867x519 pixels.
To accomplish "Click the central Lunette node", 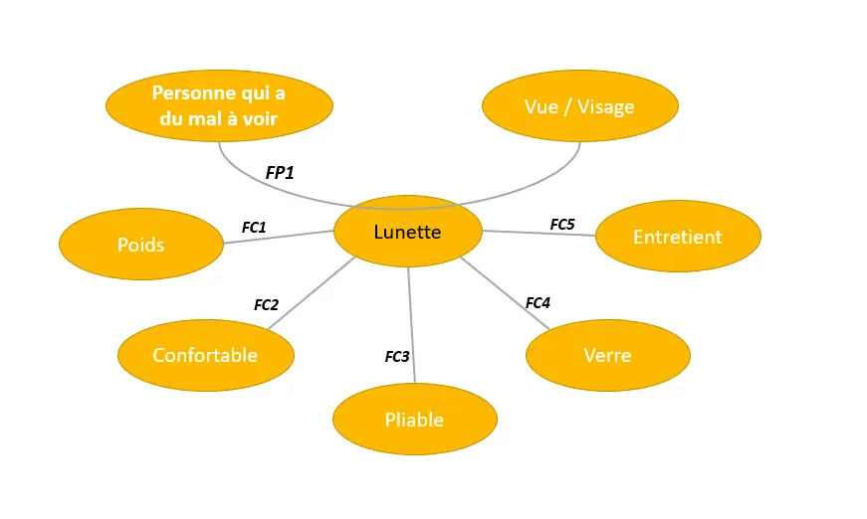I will (407, 232).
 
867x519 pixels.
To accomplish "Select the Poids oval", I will (141, 245).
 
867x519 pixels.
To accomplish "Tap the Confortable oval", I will (205, 355).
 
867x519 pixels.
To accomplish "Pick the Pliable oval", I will (414, 420).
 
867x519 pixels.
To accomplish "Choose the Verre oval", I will (607, 355).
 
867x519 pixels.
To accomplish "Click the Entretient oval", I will (678, 237).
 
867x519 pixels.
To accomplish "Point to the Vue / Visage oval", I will (579, 106).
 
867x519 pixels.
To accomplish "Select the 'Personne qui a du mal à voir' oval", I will (219, 105).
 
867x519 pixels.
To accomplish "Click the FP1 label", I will (280, 173).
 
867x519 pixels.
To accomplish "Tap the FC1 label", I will (254, 228).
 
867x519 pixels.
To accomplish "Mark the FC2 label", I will (266, 305).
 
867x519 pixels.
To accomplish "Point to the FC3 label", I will (397, 356).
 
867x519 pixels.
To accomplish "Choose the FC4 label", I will (538, 302).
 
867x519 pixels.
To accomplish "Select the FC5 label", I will (562, 225).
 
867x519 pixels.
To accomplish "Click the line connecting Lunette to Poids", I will (279, 237).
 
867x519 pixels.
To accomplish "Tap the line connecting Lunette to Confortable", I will (311, 293).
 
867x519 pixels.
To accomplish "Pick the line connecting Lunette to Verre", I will (505, 294).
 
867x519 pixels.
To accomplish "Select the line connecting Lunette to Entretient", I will (538, 234).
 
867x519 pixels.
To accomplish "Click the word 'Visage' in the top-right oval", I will (606, 106).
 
